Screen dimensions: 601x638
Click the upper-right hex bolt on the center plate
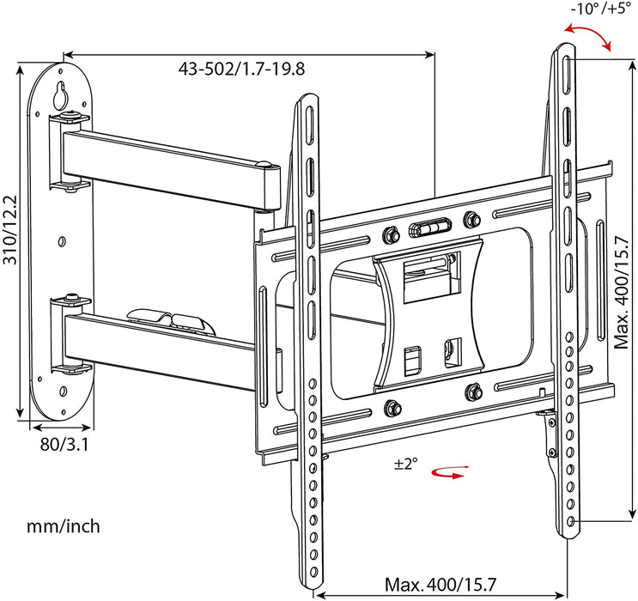(x=469, y=218)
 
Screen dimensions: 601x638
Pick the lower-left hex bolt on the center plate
(x=393, y=407)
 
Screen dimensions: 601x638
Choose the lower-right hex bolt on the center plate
(x=471, y=392)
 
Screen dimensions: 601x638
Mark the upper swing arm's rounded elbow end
(x=272, y=185)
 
